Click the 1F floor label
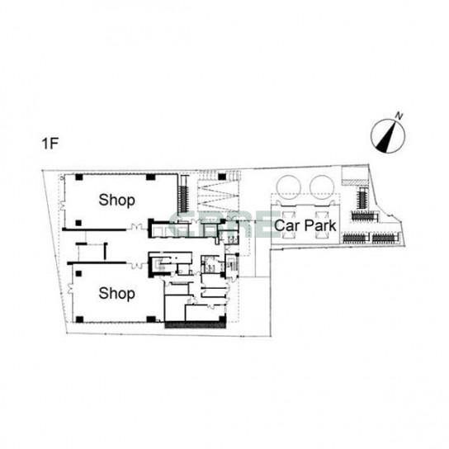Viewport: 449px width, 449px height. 50,143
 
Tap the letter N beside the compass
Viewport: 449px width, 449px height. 399,116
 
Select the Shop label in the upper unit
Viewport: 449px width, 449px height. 117,201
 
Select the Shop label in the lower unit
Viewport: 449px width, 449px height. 117,294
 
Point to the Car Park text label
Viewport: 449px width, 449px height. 305,225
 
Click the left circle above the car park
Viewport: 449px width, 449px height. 289,187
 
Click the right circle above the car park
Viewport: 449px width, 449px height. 322,187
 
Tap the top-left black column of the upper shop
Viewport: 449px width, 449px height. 79,177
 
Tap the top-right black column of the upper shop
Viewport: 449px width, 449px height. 150,177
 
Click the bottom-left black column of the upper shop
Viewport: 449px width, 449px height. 78,223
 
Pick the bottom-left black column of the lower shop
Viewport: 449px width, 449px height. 79,319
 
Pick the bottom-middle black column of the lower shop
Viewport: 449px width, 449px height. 151,319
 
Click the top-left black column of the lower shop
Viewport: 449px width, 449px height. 78,274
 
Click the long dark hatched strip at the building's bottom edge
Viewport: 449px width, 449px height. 196,324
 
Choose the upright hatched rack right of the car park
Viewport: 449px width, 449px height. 362,199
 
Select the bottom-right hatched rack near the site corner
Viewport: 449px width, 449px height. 384,238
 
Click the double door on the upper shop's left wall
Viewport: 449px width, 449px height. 62,205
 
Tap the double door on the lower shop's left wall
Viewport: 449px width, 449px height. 70,289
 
